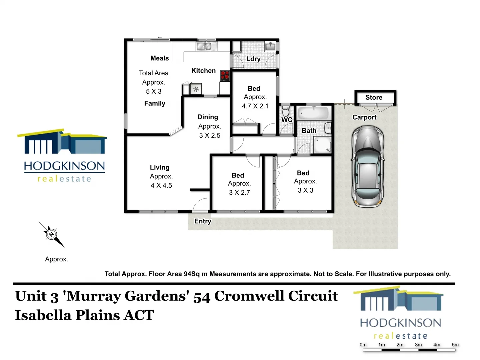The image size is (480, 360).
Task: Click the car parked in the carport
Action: tap(368, 167)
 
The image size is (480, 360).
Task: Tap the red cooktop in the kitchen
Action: tap(225, 76)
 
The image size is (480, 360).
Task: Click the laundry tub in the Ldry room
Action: tap(270, 47)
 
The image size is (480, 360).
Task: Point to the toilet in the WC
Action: tap(286, 111)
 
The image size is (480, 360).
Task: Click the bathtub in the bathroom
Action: tap(313, 113)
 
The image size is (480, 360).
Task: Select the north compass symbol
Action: tap(52, 234)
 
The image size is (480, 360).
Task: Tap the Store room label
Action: tap(374, 97)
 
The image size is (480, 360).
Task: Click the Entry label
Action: tap(203, 221)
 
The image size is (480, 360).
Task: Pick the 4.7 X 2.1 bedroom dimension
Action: tap(255, 106)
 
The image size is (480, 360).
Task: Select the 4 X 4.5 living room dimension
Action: tap(161, 185)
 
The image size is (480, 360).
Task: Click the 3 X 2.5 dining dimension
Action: tap(210, 135)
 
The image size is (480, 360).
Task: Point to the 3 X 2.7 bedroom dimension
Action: tap(239, 192)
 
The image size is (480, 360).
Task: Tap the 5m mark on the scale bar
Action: tap(455, 345)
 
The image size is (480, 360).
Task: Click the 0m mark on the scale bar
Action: tap(363, 345)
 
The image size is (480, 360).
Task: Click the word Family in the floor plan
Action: tap(155, 103)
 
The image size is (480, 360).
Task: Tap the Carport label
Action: tap(364, 117)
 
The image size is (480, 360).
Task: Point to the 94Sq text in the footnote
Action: tap(192, 274)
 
